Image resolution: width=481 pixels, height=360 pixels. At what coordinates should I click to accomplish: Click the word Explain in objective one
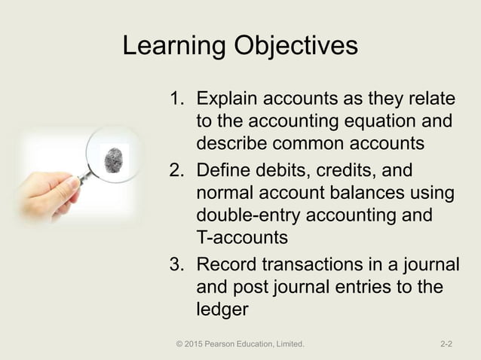point(227,99)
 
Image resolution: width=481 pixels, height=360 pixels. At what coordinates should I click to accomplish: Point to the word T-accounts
point(241,238)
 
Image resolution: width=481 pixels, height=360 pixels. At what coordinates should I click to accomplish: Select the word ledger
point(222,309)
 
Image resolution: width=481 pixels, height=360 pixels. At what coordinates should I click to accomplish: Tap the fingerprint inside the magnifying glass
point(115,159)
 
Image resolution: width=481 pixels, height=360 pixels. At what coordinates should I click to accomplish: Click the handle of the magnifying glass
point(84,178)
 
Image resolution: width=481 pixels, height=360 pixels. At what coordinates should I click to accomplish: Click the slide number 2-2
point(446,344)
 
